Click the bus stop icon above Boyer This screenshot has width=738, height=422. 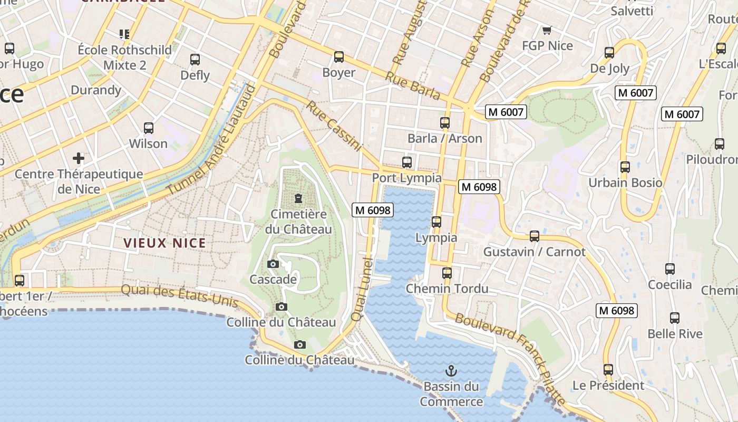click(x=339, y=56)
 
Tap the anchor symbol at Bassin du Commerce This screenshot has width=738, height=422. click(x=451, y=371)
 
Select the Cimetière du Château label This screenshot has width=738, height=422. click(x=298, y=222)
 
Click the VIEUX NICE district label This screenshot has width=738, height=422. click(x=164, y=243)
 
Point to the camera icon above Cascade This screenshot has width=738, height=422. click(x=273, y=264)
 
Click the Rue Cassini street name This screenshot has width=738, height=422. click(x=334, y=126)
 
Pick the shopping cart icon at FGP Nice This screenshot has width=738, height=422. click(x=547, y=31)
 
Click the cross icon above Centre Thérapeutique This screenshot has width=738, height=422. click(x=79, y=158)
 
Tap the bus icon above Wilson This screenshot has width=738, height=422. click(x=149, y=128)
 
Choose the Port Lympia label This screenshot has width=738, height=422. click(x=406, y=178)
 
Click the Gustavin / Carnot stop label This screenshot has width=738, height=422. click(x=534, y=252)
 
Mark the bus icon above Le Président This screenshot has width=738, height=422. click(x=608, y=369)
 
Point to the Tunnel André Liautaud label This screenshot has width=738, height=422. click(x=211, y=139)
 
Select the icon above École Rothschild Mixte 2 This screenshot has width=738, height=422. click(x=124, y=35)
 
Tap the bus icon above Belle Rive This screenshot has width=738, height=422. click(x=675, y=318)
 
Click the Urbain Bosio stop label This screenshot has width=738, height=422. click(x=625, y=183)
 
